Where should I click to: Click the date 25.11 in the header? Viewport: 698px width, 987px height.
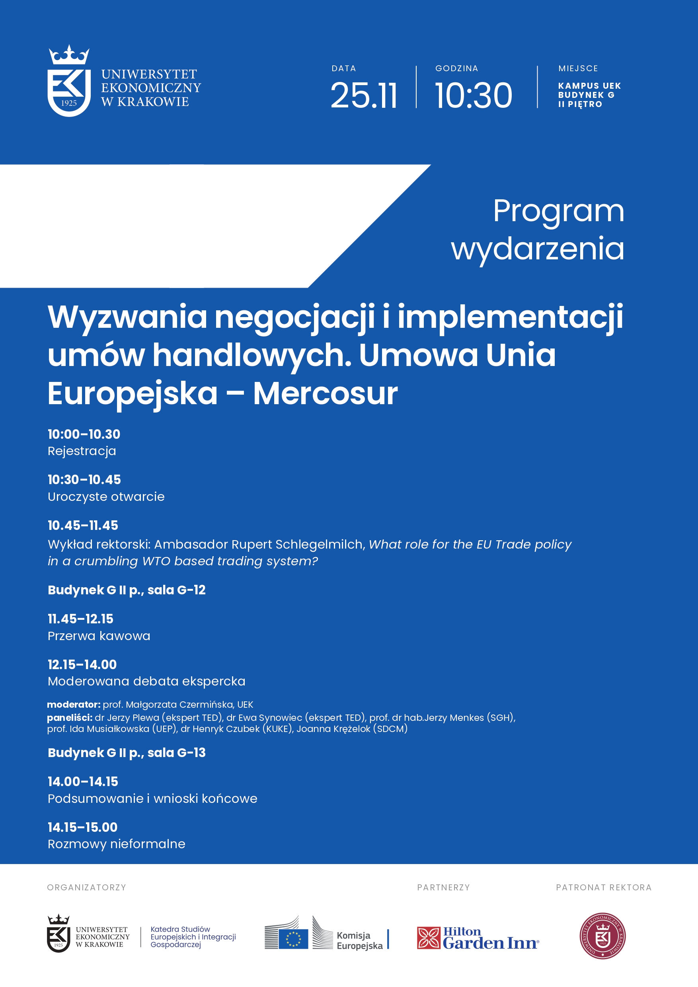click(x=364, y=95)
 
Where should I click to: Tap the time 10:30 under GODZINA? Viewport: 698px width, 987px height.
click(x=474, y=95)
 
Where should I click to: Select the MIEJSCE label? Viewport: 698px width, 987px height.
click(x=578, y=68)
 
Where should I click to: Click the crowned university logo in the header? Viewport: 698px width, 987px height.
click(x=69, y=81)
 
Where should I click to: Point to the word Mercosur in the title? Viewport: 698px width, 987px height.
click(x=325, y=393)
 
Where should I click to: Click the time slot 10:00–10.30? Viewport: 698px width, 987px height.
click(x=84, y=434)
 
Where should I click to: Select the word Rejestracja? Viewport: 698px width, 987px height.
click(x=82, y=451)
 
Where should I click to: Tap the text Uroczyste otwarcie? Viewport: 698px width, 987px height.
click(x=106, y=496)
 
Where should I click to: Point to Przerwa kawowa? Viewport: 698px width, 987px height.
click(x=99, y=636)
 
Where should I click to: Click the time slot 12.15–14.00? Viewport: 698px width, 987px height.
click(x=82, y=665)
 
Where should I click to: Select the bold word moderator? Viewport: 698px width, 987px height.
click(x=74, y=705)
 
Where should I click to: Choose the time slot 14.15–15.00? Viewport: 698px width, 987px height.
click(x=82, y=827)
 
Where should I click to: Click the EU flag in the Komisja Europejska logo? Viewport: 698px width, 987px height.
click(x=293, y=939)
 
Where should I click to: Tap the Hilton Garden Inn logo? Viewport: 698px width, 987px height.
click(x=478, y=938)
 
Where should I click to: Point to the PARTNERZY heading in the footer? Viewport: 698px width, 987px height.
click(x=443, y=887)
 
